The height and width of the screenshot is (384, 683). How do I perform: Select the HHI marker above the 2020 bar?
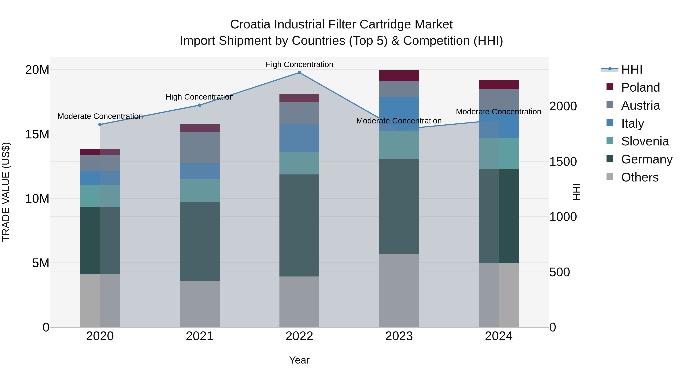point(100,125)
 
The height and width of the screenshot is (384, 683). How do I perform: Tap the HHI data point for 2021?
point(200,105)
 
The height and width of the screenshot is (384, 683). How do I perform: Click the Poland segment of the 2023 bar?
point(399,75)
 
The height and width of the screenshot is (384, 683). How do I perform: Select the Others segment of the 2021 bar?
point(200,304)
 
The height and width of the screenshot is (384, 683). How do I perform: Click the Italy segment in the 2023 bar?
point(399,114)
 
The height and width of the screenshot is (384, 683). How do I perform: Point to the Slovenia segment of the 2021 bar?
point(200,191)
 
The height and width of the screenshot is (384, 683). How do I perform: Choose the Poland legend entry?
point(640,87)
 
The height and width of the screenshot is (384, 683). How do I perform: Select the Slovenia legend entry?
point(645,141)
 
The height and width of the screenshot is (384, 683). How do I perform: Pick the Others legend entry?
point(640,177)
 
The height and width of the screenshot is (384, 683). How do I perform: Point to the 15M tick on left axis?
point(37,134)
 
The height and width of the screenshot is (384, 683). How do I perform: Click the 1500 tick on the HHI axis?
point(563,162)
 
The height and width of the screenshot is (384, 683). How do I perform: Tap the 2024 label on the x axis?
point(498,336)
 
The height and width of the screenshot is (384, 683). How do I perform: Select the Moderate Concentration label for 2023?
point(399,121)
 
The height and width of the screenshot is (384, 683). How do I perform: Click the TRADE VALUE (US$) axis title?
point(6,192)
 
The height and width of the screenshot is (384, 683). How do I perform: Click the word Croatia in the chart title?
point(250,24)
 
